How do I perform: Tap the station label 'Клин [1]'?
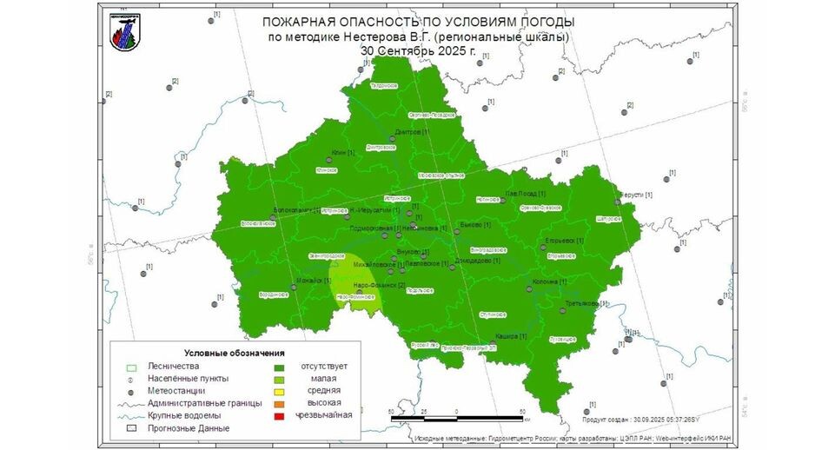coord(343,153)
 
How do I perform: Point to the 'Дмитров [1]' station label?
coord(412,132)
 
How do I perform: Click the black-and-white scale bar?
coord(457,419)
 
